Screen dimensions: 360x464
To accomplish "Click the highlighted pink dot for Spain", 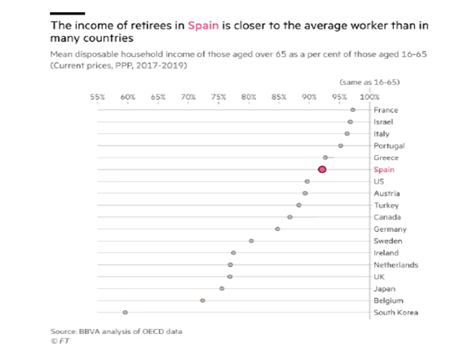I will click(322, 169).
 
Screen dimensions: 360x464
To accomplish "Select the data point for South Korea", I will click(126, 312).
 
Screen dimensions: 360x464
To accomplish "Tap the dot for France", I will click(352, 109).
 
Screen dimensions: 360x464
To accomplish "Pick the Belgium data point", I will click(202, 300).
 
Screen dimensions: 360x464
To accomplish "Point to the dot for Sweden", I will click(251, 241).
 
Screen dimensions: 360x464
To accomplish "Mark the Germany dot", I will click(277, 229).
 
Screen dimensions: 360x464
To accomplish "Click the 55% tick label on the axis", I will click(97, 96).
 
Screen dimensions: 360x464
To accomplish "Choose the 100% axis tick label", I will click(369, 96).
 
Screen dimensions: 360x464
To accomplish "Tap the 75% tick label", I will click(219, 96).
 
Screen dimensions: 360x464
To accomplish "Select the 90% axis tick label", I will click(309, 96).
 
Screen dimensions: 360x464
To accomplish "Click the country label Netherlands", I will click(396, 264).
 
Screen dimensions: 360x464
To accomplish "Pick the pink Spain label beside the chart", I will click(384, 169).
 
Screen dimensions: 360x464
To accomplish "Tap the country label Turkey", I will click(386, 205).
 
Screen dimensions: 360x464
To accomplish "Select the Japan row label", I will click(384, 288).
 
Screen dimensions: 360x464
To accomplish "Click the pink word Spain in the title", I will click(205, 25).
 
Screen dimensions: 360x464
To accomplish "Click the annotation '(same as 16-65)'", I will click(369, 83).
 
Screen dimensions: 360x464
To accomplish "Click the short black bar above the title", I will click(67, 12).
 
